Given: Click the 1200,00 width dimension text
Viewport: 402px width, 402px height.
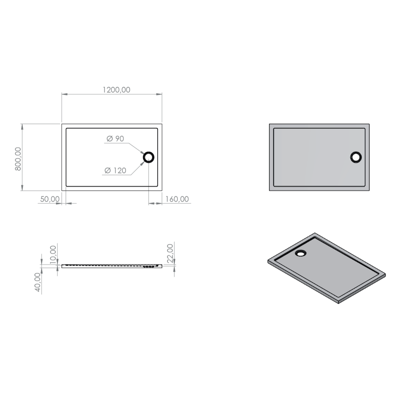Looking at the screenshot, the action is point(116,90).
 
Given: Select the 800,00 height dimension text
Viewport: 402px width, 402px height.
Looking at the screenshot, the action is point(18,159).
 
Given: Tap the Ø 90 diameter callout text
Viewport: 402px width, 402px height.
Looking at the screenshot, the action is point(115,139).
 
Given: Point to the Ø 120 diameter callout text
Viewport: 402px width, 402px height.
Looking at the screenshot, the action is point(115,171).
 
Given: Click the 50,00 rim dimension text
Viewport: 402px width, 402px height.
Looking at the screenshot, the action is point(50,199).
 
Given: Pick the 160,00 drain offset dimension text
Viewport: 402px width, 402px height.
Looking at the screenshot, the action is point(177,199).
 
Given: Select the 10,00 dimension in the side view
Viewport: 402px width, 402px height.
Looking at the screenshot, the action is point(53,254).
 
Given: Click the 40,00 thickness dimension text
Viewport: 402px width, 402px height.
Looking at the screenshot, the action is point(38,282).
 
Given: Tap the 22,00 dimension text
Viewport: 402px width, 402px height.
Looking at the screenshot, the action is point(170,253).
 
